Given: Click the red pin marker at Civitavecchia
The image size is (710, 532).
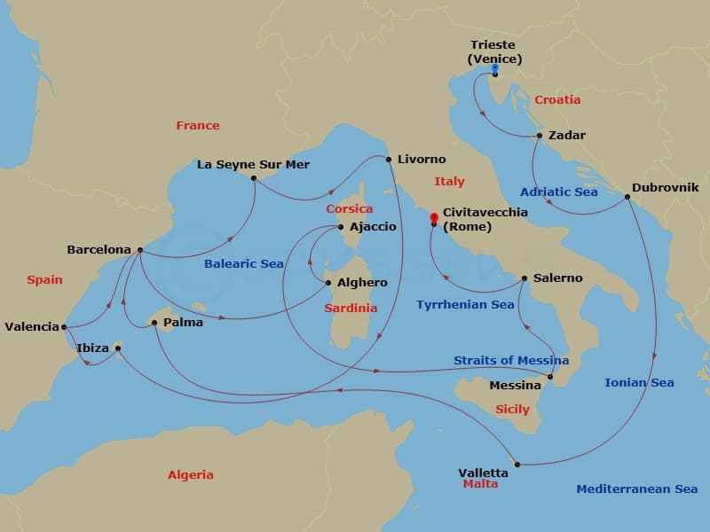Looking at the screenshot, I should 433,215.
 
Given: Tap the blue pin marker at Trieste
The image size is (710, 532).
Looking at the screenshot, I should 494,67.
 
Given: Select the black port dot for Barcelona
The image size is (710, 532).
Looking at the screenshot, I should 140,250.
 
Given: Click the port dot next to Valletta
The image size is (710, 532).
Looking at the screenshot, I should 517,464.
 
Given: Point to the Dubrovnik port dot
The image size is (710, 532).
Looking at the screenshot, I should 627,197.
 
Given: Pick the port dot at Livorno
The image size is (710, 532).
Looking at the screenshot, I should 389,160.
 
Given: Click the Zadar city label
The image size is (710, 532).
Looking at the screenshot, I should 568,136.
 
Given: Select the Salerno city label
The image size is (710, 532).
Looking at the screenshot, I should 558,278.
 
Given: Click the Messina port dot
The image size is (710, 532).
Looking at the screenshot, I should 550,378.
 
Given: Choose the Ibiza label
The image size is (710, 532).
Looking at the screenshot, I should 93,348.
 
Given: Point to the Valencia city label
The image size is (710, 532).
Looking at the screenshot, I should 32,326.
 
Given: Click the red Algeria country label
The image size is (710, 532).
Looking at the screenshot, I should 191,474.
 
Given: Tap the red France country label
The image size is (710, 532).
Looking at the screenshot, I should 198,125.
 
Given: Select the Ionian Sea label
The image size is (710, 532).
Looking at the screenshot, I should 639,382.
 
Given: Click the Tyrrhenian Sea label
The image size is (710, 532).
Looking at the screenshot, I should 465,304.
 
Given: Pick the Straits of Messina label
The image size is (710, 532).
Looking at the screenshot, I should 511,360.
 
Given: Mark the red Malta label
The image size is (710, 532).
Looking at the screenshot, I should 480,484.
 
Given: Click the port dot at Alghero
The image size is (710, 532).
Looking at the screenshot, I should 329,284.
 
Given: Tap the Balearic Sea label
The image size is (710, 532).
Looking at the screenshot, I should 244,263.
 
